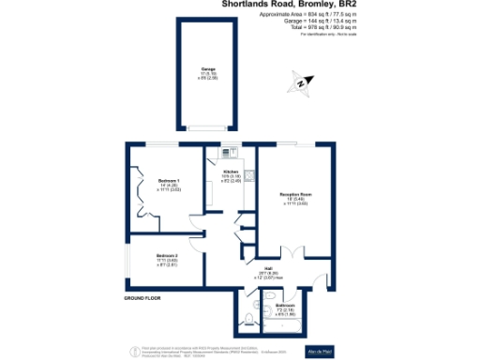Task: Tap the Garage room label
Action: point(208,73)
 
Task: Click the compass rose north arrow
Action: point(301,85)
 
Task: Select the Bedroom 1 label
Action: point(169,184)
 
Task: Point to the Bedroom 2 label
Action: point(167,259)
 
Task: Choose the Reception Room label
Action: point(294,198)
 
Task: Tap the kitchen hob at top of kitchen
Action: point(228,152)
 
